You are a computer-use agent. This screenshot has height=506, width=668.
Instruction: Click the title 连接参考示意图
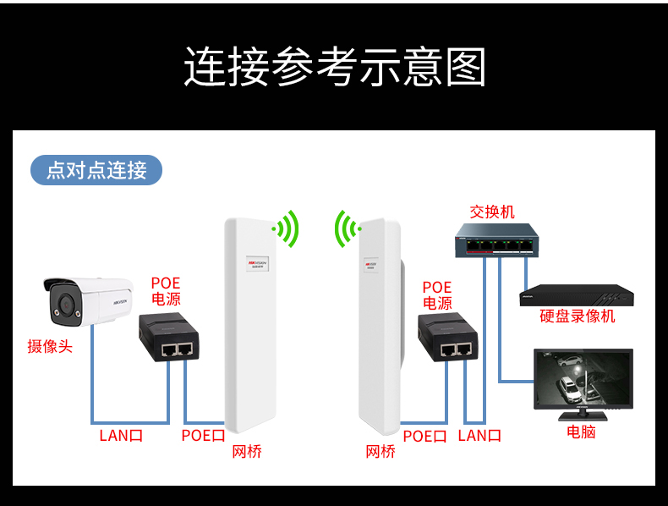[334, 67]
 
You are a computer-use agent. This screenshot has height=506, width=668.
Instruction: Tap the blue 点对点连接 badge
[96, 170]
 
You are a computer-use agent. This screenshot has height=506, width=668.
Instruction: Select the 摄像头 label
[50, 346]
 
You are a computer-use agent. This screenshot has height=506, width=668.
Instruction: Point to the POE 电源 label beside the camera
[166, 291]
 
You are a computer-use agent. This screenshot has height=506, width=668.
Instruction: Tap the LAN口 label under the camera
[122, 436]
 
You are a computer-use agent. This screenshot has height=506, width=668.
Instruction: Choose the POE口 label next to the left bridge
[203, 436]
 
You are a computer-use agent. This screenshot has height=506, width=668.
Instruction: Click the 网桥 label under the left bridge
[247, 452]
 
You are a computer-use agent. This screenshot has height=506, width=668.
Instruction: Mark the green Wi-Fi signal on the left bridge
[287, 228]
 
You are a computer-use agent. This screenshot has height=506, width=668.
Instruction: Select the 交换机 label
[492, 212]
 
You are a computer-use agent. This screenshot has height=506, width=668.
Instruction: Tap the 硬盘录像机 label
[578, 316]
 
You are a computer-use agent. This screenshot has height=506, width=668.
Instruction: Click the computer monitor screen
[582, 378]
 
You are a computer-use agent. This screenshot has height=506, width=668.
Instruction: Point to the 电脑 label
[581, 432]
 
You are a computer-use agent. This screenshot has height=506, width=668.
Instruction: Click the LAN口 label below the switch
[479, 436]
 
